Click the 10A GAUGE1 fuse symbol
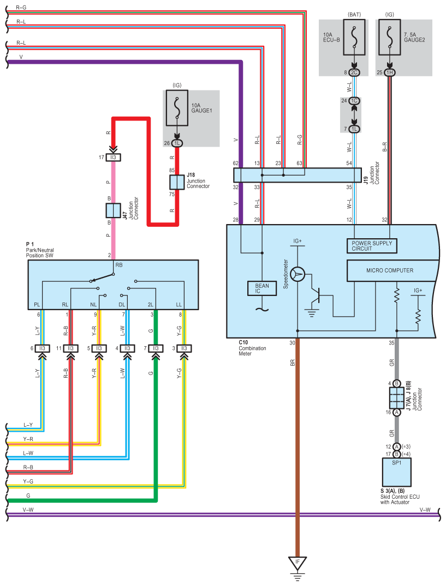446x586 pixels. [x=177, y=107]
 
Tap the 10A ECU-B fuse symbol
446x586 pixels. [x=354, y=37]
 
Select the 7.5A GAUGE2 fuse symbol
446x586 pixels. [x=390, y=37]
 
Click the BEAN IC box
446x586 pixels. [x=262, y=288]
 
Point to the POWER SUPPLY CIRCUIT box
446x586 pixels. [x=372, y=246]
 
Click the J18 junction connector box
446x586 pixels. [x=177, y=182]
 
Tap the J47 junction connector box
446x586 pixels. [x=113, y=210]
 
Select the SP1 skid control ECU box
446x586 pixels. [x=397, y=472]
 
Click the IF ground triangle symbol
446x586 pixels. [x=298, y=563]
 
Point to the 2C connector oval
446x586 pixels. [x=354, y=73]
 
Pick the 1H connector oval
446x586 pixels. [x=390, y=73]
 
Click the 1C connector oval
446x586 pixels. [x=354, y=101]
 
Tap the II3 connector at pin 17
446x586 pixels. [x=113, y=158]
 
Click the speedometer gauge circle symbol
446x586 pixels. [x=298, y=274]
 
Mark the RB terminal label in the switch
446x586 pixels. [x=119, y=265]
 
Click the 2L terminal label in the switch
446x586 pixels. [x=151, y=305]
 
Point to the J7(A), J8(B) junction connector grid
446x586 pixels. [x=397, y=397]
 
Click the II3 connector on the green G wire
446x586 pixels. [x=156, y=348]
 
